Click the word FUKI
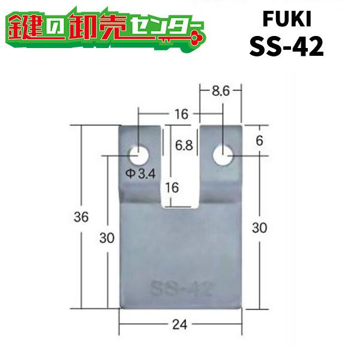(287, 20)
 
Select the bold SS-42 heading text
(287, 46)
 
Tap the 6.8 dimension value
(184, 145)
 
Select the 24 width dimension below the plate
(180, 325)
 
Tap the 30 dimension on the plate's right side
(259, 227)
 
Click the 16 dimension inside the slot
(172, 187)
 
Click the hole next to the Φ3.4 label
(140, 155)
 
